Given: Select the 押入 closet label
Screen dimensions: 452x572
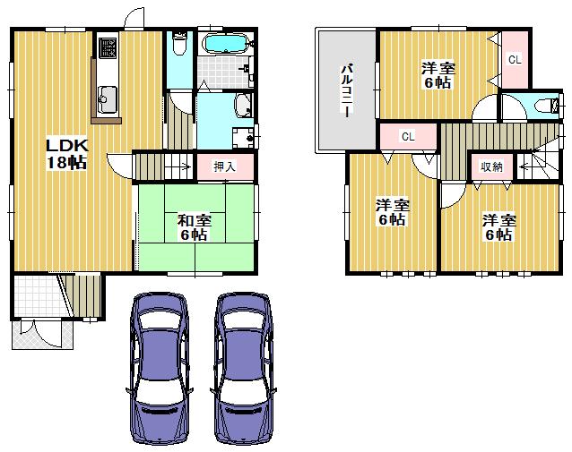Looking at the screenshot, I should [223, 166].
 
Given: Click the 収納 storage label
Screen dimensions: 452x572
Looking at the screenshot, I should [490, 166].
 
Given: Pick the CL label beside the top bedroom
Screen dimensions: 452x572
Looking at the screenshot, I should [515, 60].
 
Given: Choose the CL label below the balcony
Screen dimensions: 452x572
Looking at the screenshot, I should [407, 137].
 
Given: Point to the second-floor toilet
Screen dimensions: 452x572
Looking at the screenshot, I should [542, 106].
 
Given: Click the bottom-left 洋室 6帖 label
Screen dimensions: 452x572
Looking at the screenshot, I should [392, 211].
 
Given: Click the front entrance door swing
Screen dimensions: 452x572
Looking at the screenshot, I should [36, 330].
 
